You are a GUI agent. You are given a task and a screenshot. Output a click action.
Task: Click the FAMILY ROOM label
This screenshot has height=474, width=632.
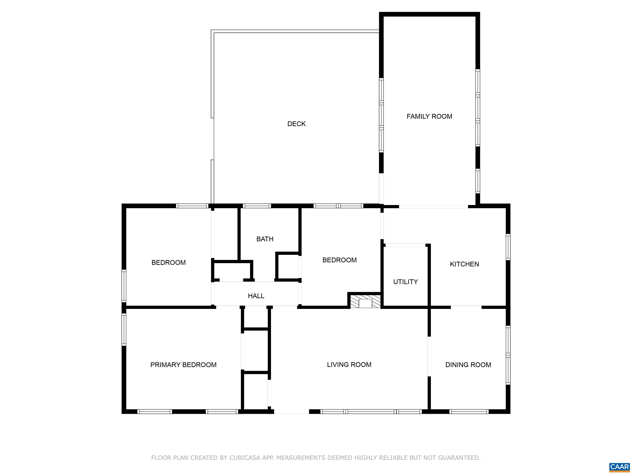click(429, 117)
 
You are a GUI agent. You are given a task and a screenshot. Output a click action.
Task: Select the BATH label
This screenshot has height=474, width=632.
click(265, 239)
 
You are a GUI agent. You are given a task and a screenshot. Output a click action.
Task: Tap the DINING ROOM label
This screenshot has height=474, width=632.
click(468, 365)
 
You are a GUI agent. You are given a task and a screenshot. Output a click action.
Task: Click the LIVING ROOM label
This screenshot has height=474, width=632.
click(349, 365)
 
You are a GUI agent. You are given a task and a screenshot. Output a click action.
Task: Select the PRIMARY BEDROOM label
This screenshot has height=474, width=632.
click(184, 365)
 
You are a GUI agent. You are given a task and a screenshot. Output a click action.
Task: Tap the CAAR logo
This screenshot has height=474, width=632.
click(619, 467)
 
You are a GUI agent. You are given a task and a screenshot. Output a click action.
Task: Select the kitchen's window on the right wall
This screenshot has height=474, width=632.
click(508, 247)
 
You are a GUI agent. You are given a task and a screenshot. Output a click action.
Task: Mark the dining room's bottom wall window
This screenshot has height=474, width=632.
click(469, 412)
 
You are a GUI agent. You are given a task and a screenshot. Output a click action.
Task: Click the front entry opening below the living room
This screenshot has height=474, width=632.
click(292, 412)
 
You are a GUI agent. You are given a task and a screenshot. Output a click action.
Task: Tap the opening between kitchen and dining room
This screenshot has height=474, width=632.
click(466, 307)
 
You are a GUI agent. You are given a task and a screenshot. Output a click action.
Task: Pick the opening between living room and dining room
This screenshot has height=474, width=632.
click(429, 357)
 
